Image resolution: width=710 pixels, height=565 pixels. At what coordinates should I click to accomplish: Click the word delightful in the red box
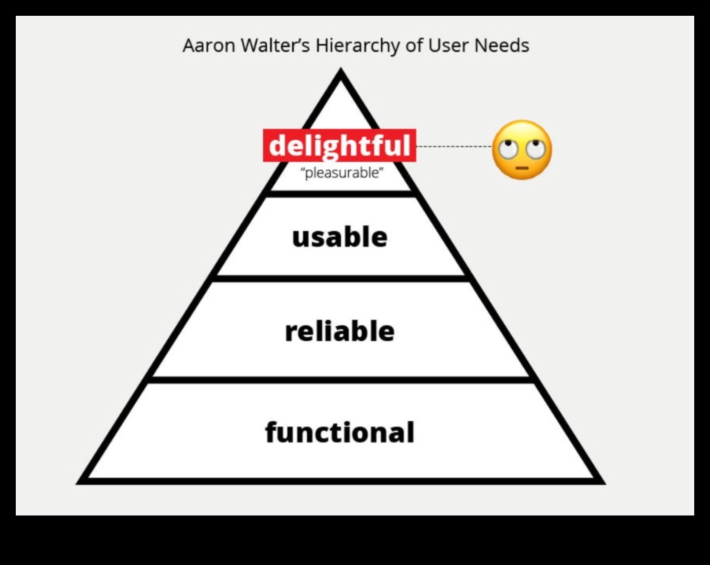click(339, 146)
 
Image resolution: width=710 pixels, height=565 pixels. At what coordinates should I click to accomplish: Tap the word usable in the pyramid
click(339, 237)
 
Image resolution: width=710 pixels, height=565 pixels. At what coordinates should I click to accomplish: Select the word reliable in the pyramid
click(339, 331)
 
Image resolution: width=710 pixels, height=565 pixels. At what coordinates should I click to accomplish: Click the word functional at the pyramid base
click(339, 432)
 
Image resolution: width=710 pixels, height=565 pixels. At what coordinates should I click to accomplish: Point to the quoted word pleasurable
click(342, 173)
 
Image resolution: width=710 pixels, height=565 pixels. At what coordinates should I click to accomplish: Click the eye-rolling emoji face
click(522, 149)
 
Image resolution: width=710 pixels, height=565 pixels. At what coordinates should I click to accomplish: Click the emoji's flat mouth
click(522, 167)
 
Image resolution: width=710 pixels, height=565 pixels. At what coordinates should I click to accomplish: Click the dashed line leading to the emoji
click(453, 146)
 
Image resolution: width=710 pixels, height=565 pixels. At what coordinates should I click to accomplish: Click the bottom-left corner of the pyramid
click(82, 479)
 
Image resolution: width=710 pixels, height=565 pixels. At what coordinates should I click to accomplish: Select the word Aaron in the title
click(203, 46)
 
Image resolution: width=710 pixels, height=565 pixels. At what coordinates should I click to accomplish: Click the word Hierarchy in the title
click(358, 46)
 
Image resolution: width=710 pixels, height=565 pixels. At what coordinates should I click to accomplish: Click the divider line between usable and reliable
click(341, 277)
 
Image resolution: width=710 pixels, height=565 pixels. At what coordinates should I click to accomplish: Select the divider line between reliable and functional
click(341, 380)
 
